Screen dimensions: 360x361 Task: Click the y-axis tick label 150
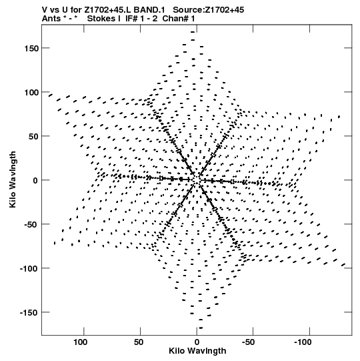pos(31,49)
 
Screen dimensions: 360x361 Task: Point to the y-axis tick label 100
pos(31,93)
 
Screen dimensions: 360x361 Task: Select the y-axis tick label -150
pos(29,313)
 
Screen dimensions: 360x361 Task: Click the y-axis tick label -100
pos(29,269)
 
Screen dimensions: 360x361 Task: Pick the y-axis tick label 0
pos(35,181)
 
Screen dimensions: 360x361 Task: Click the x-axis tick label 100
pos(81,342)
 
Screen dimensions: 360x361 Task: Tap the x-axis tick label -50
pos(249,342)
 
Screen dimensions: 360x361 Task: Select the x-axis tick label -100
pos(303,342)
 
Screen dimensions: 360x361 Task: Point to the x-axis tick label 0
pos(197,342)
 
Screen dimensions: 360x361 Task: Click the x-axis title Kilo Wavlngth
pos(197,351)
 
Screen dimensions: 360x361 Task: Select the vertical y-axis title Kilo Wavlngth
pos(13,179)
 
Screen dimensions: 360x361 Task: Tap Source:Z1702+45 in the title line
pos(208,10)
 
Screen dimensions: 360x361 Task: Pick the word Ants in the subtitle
pos(51,19)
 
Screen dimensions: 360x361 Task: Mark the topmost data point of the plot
pos(193,32)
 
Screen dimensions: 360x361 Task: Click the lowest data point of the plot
pos(201,328)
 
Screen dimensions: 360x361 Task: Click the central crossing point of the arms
pos(197,180)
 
